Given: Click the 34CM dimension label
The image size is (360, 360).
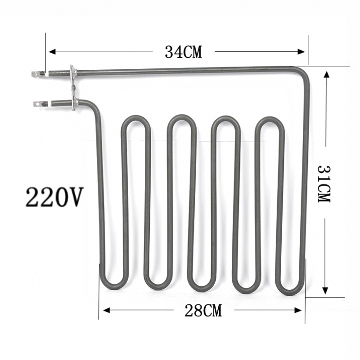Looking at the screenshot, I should click(183, 52).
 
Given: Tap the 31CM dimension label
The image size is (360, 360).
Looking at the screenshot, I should click(324, 183).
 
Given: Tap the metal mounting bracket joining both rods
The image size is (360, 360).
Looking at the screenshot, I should click(72, 87).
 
